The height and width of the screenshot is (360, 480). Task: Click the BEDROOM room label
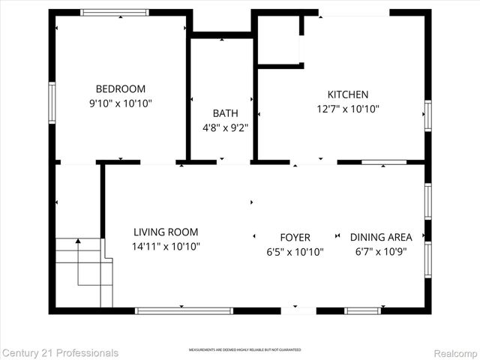[120, 88]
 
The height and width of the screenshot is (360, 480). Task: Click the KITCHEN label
[348, 94]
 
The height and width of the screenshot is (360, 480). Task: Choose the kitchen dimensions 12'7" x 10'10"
[348, 109]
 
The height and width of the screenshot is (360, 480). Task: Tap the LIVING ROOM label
[166, 232]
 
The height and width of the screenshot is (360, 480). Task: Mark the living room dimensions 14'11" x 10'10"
[166, 247]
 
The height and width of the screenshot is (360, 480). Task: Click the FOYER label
[295, 238]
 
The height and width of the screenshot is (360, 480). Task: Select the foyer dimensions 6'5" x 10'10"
[295, 252]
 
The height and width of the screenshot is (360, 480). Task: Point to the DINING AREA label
[381, 238]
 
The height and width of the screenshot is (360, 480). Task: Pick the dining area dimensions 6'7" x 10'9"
[381, 252]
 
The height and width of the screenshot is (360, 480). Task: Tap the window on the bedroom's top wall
[115, 12]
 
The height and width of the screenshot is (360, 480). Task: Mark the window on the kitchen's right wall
[428, 116]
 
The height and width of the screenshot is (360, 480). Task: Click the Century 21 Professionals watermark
[60, 352]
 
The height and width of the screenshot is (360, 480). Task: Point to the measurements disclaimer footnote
[244, 350]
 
